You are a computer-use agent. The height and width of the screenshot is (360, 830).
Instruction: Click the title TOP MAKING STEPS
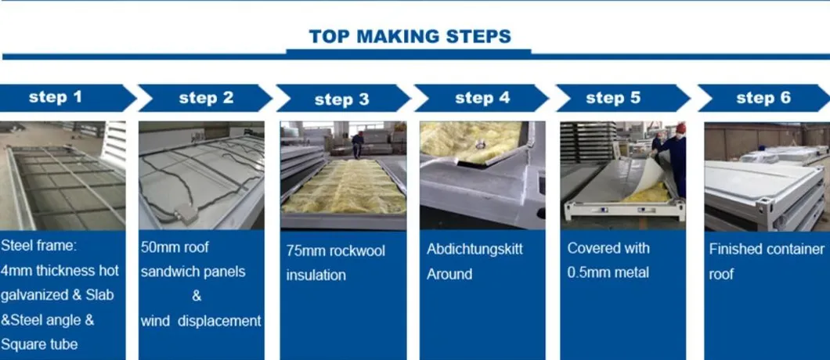pos(410,37)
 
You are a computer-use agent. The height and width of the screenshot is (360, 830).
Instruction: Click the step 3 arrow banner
pos(343,99)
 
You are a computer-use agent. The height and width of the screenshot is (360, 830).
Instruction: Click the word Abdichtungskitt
pos(475,250)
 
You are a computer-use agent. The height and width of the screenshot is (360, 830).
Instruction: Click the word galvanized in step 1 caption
pos(35,295)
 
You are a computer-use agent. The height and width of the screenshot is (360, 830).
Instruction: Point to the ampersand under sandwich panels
pos(197,296)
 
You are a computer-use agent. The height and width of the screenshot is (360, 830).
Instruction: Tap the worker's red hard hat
pos(680,128)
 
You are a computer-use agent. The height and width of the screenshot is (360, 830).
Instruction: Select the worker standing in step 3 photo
pos(359,145)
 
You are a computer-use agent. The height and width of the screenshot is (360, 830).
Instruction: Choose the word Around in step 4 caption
pos(449,274)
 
